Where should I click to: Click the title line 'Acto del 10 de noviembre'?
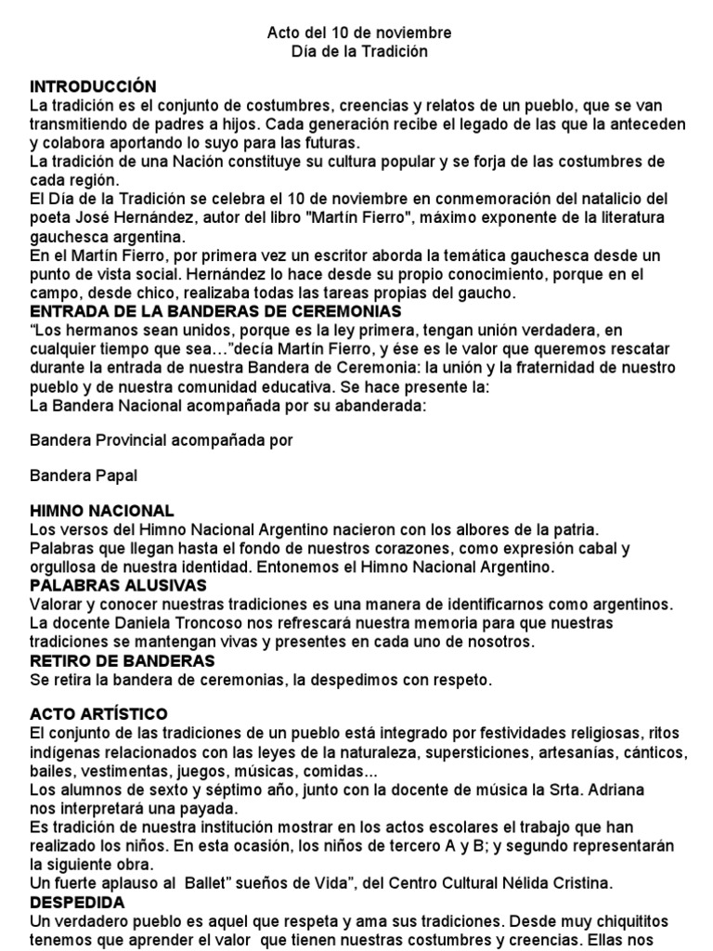coord(359,33)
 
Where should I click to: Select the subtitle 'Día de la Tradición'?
coord(359,52)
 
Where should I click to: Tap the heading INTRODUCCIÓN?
coord(93,87)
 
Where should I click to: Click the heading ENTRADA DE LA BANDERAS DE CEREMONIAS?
coord(215,310)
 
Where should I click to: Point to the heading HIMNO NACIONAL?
coord(101,511)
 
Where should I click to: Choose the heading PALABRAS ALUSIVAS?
coord(119,585)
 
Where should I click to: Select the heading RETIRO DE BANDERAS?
coord(123,660)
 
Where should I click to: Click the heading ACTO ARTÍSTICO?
coord(98,714)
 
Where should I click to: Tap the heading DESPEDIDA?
coord(77,902)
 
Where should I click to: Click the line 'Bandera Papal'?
coord(84,475)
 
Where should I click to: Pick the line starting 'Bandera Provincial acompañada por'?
coord(162,440)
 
